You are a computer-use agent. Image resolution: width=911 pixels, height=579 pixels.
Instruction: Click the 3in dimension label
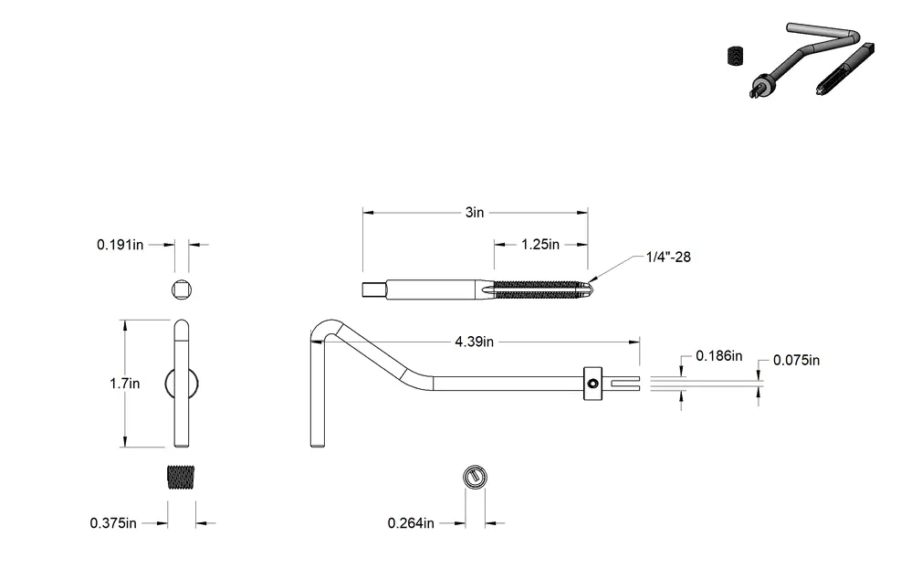pos(474,213)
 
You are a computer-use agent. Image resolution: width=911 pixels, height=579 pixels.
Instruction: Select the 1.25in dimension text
pos(540,245)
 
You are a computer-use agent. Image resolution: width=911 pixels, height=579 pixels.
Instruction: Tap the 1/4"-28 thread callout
pos(668,257)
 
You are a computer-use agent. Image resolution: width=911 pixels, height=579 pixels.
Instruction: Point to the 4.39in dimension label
pos(474,342)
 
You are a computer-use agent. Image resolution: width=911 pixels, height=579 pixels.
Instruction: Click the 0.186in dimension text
pos(718,356)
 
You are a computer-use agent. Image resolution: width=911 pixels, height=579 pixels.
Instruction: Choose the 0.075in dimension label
pos(796,361)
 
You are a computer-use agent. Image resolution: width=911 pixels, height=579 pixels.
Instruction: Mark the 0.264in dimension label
pos(411,523)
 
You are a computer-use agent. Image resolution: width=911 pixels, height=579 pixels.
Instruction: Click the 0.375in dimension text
pos(113,523)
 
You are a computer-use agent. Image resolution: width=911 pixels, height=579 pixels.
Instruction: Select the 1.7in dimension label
pos(125,384)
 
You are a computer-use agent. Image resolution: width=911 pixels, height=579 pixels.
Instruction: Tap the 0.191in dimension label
pos(120,245)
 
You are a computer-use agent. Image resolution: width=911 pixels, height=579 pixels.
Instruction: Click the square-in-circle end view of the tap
pos(182,289)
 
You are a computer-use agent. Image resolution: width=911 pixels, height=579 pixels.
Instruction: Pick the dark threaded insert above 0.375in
pos(181,478)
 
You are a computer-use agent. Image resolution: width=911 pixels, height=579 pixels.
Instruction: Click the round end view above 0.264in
pos(475,478)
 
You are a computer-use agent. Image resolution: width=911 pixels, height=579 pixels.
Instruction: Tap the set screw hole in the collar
pos(592,384)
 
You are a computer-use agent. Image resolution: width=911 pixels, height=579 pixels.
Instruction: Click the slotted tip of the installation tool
pos(625,384)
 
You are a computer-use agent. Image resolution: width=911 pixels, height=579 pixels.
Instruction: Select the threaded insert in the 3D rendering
pos(736,57)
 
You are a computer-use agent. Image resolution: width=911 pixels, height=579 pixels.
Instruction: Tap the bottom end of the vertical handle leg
pos(318,446)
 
